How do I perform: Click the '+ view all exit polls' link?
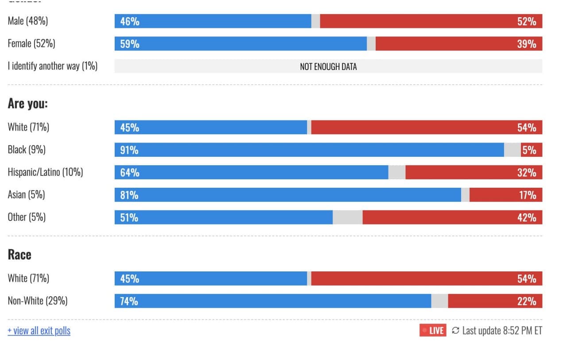(39, 331)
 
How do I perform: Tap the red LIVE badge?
(433, 330)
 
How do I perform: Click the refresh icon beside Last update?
(455, 330)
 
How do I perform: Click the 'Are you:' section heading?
(28, 104)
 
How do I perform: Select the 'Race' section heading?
(19, 255)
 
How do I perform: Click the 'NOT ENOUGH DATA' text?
(328, 66)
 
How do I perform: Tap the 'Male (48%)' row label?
(28, 21)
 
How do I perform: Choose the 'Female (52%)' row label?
(31, 43)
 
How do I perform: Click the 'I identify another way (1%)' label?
(53, 66)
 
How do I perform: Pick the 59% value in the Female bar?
(130, 44)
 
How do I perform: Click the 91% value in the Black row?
(129, 150)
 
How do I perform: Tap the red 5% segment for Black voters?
(531, 150)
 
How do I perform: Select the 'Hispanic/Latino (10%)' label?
(45, 172)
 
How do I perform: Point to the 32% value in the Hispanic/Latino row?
(527, 173)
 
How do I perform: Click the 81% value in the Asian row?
(129, 195)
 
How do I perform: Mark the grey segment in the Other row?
(347, 217)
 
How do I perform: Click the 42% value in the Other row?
(527, 218)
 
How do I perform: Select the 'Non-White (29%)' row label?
(38, 301)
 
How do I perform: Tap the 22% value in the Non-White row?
(527, 302)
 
